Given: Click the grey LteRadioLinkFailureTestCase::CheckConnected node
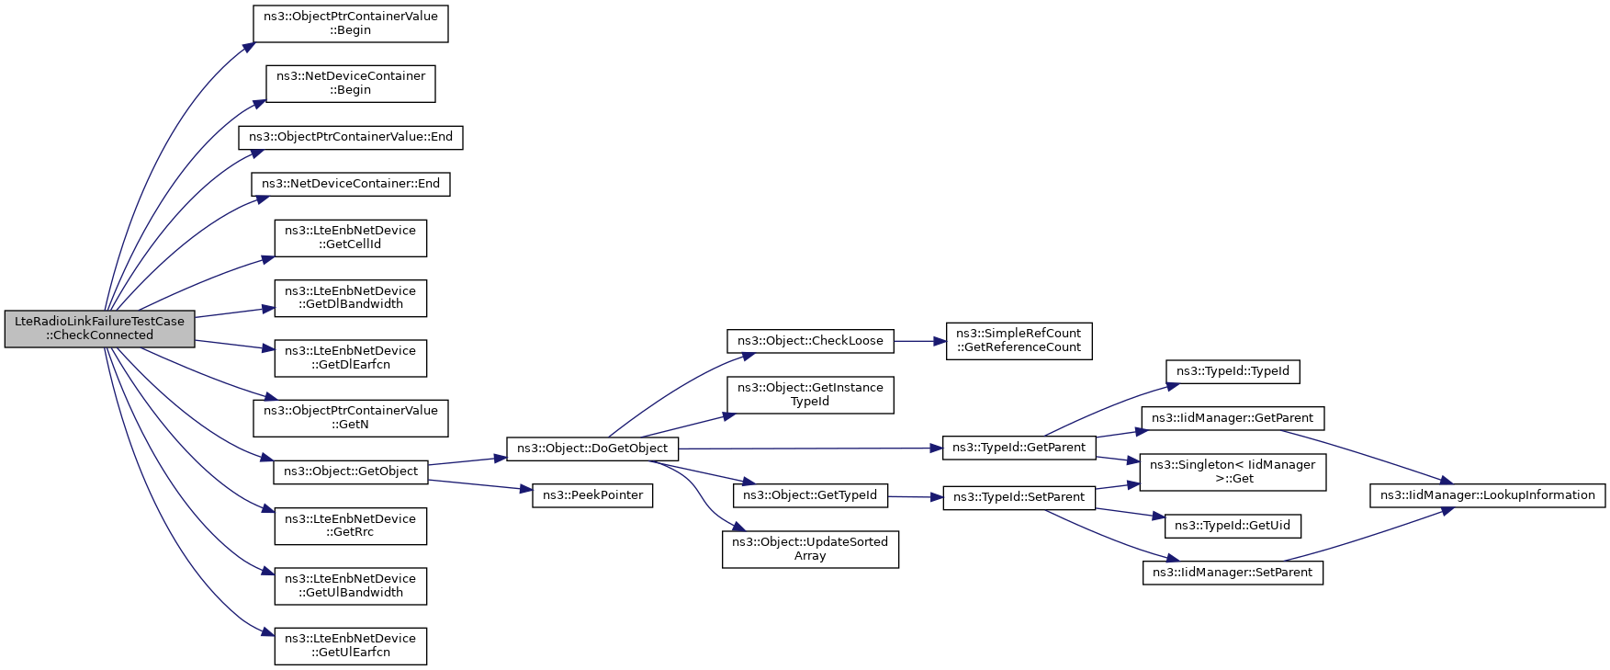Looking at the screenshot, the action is click(99, 328).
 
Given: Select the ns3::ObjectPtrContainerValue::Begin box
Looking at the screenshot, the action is click(351, 23).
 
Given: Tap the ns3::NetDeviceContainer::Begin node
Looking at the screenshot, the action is click(351, 83).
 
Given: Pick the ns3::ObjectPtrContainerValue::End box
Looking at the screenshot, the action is click(351, 137).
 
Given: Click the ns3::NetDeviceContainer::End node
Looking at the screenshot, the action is click(351, 184).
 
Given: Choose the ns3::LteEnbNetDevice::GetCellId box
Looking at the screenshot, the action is click(351, 237).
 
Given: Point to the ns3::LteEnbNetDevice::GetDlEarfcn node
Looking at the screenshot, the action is click(351, 358).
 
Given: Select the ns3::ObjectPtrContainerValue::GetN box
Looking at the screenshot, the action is click(351, 417).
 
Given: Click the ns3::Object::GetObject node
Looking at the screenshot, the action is click(351, 471).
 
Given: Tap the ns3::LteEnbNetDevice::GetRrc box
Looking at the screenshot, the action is click(351, 526).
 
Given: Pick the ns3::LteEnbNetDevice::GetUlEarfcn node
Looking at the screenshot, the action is click(351, 645).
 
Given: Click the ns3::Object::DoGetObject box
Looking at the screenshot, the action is click(592, 449).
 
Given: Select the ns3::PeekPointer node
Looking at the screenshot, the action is click(592, 495).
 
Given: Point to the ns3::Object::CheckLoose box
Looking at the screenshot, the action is click(810, 341).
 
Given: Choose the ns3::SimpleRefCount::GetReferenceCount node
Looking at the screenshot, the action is click(1019, 340).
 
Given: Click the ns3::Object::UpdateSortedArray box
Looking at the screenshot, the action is click(810, 549).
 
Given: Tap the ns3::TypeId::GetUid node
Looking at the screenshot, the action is click(1233, 526).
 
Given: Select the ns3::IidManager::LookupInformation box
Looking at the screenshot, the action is click(1488, 495).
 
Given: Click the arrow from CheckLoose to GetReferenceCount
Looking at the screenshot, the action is click(919, 341).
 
